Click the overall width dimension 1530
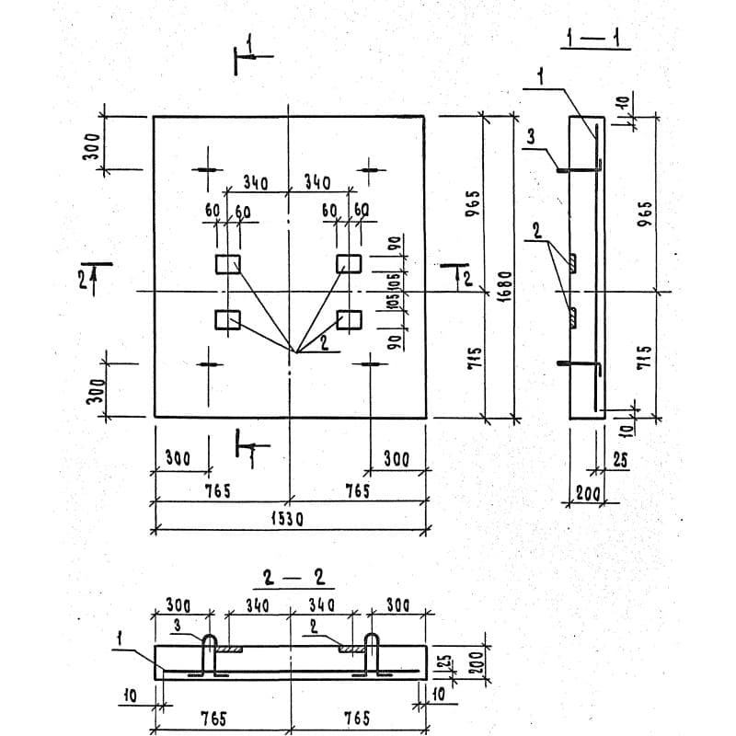tap(287, 519)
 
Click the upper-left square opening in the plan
tap(227, 264)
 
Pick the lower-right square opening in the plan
tap(349, 319)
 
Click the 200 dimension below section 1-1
tap(587, 494)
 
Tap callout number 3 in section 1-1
tap(532, 137)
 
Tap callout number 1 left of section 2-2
tap(121, 636)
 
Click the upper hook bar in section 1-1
tap(580, 169)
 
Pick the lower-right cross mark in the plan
tap(370, 363)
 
